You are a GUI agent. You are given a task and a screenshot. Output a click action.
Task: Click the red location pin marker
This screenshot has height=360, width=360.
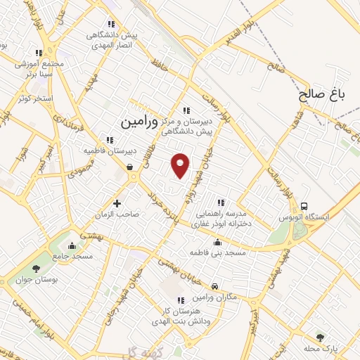point(181,165)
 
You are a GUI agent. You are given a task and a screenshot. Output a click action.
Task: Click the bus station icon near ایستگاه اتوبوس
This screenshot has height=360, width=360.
point(304,207)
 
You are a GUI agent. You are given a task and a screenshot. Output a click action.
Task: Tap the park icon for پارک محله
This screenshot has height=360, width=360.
point(321,337)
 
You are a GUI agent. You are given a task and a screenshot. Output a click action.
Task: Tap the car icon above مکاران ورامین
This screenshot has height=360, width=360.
point(214,286)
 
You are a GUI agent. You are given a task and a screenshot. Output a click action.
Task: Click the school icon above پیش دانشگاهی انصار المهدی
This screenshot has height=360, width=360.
point(111,24)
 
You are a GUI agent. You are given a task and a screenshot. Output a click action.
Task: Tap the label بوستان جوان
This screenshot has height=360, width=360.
point(32,281)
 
